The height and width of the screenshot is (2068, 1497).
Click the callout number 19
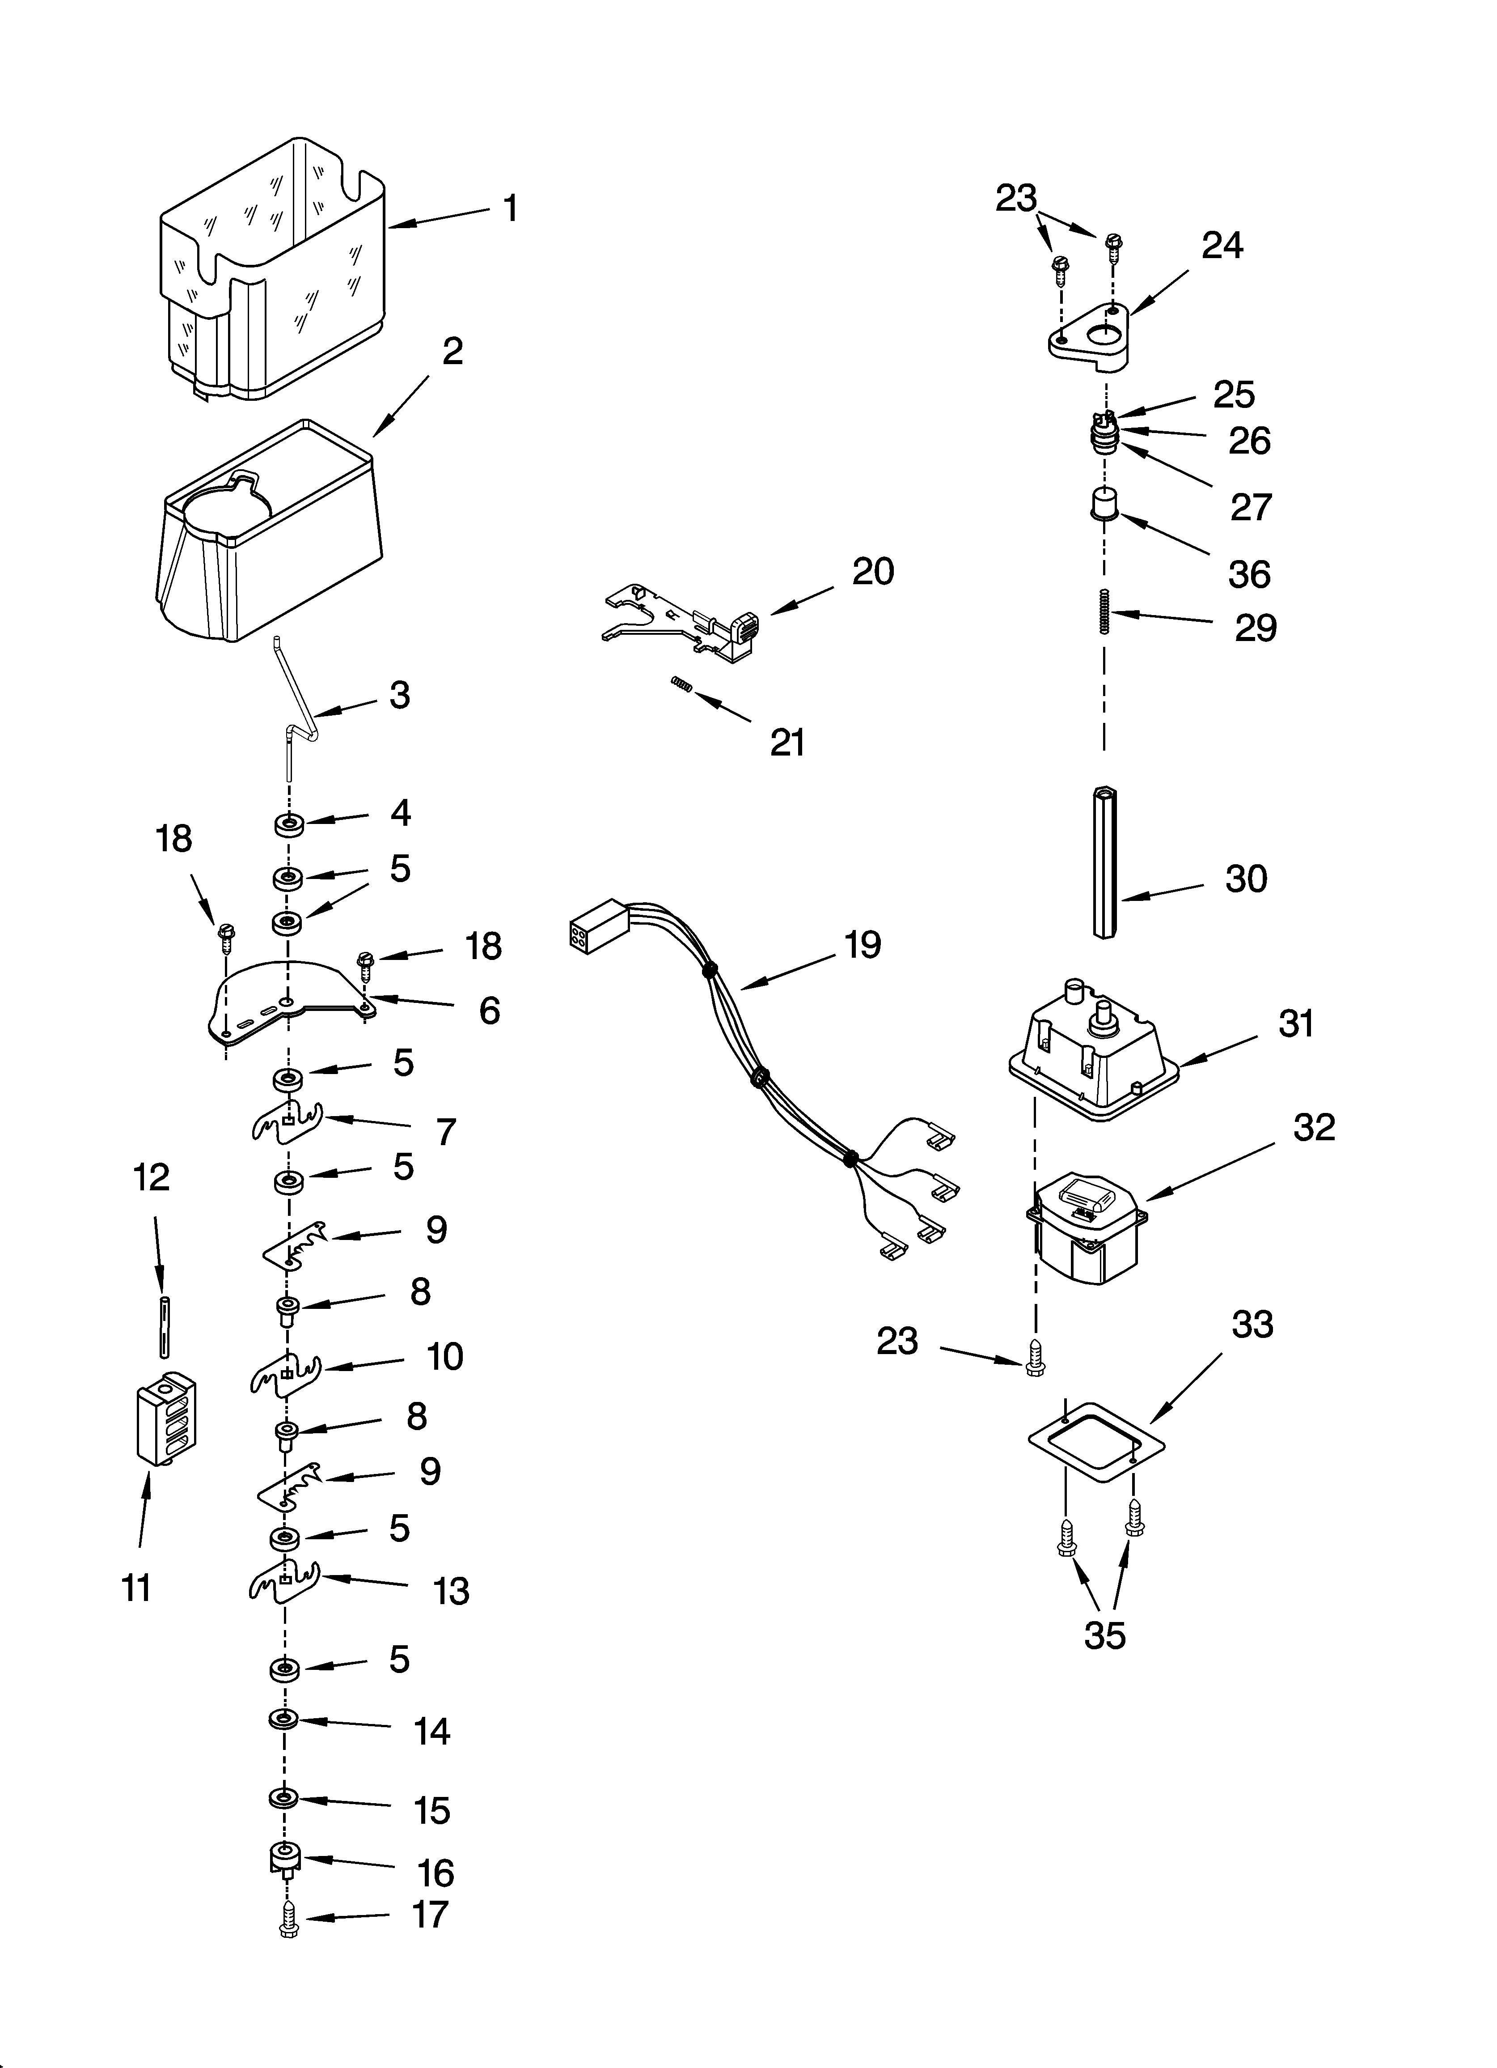(x=862, y=945)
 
